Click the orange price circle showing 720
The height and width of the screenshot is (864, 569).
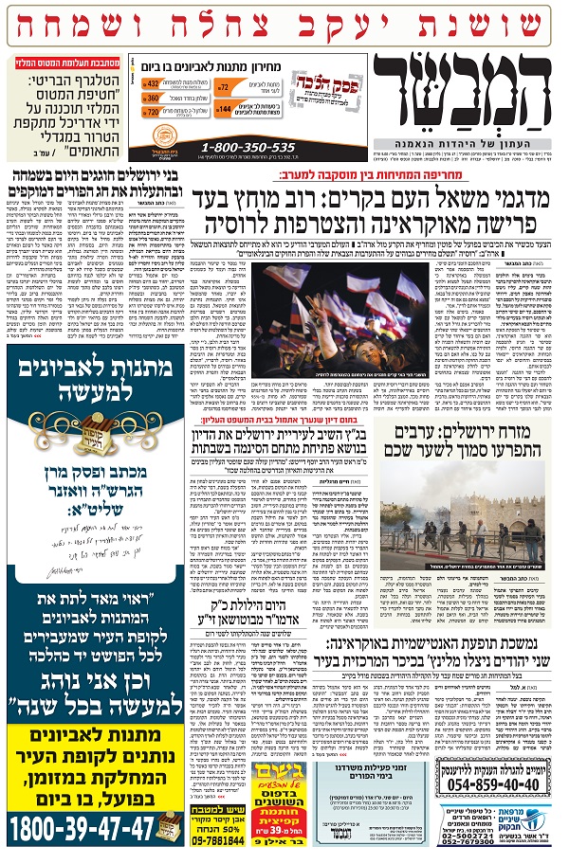152,112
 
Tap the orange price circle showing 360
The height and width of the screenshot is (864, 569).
152,99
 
